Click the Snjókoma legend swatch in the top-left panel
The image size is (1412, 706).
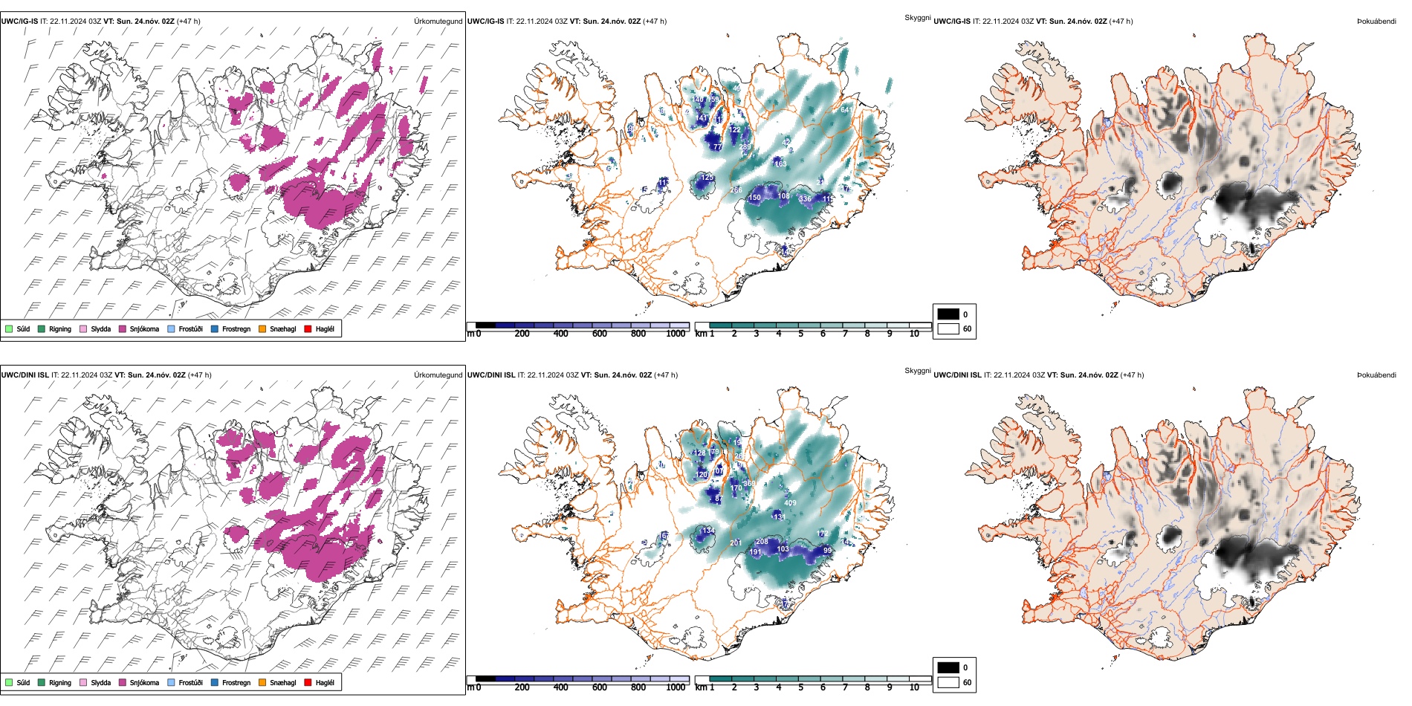[123, 329]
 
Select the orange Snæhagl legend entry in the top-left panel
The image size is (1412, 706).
[262, 329]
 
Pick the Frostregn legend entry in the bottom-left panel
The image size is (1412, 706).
[215, 683]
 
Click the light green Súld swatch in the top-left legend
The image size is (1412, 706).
[9, 329]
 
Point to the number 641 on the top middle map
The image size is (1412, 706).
[846, 110]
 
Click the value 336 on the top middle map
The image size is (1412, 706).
[805, 199]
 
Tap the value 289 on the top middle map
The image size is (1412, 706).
[745, 147]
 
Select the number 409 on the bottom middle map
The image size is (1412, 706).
[790, 503]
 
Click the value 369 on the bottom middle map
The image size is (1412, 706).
[749, 484]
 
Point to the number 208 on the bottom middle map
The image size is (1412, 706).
[762, 542]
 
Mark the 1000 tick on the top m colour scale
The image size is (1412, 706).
[676, 334]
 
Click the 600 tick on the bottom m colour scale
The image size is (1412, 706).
[600, 687]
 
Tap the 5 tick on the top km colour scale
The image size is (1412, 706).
[800, 334]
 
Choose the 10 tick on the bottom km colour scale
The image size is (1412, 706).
[914, 687]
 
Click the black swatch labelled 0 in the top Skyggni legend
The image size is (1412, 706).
[948, 314]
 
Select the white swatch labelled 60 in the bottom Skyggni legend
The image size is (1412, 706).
[948, 682]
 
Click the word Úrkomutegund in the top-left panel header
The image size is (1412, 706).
[438, 22]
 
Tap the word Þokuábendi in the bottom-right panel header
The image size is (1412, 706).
[1376, 375]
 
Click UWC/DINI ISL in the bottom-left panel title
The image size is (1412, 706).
[25, 375]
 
